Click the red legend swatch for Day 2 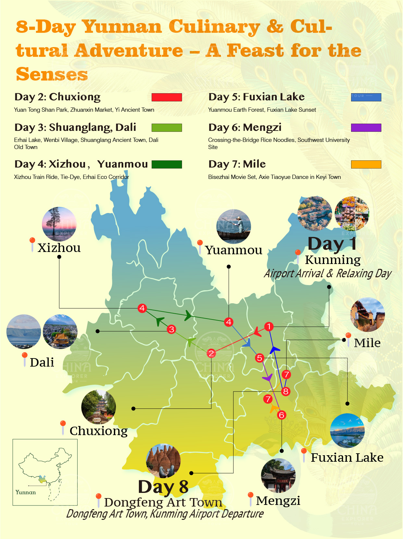[x=166, y=97]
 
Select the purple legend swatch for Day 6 [x=366, y=128]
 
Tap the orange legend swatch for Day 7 [x=366, y=164]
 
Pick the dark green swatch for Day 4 [x=166, y=164]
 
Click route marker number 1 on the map [x=269, y=326]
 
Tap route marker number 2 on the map [x=211, y=353]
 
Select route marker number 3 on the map [x=171, y=329]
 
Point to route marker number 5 [x=259, y=358]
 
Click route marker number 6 [x=282, y=415]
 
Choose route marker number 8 [x=286, y=391]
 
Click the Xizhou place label [x=59, y=248]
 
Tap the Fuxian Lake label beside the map [x=347, y=458]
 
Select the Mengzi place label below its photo [x=278, y=501]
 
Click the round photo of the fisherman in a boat [x=234, y=226]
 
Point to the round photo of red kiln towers [x=163, y=461]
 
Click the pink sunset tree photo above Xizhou [x=59, y=224]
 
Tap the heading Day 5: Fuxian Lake [x=256, y=97]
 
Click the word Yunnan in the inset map [x=26, y=492]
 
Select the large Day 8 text [x=163, y=487]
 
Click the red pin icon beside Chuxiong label [x=63, y=424]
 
